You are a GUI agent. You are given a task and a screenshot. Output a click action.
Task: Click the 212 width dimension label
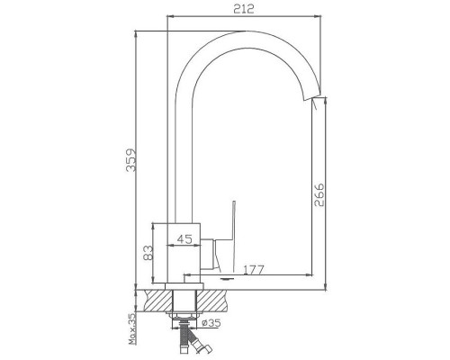click(244, 9)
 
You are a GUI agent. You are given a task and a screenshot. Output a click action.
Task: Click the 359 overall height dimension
click(131, 160)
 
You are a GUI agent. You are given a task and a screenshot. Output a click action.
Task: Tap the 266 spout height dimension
click(319, 194)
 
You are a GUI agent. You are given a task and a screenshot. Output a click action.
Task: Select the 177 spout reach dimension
click(254, 270)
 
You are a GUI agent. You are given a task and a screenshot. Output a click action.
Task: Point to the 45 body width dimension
click(184, 239)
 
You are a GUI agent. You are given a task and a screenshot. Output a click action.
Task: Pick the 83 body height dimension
click(148, 253)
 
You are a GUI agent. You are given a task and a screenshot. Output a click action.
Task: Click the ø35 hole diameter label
click(211, 323)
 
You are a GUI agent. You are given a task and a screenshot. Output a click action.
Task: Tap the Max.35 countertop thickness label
click(131, 328)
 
